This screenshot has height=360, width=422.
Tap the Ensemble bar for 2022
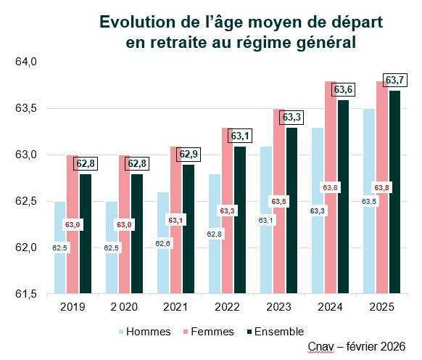point(239,225)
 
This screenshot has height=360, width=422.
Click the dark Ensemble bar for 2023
point(291,218)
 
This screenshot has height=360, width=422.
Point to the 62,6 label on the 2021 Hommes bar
point(163,244)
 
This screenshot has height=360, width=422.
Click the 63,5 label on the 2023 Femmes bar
point(278,201)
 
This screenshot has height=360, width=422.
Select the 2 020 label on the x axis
point(124,308)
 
